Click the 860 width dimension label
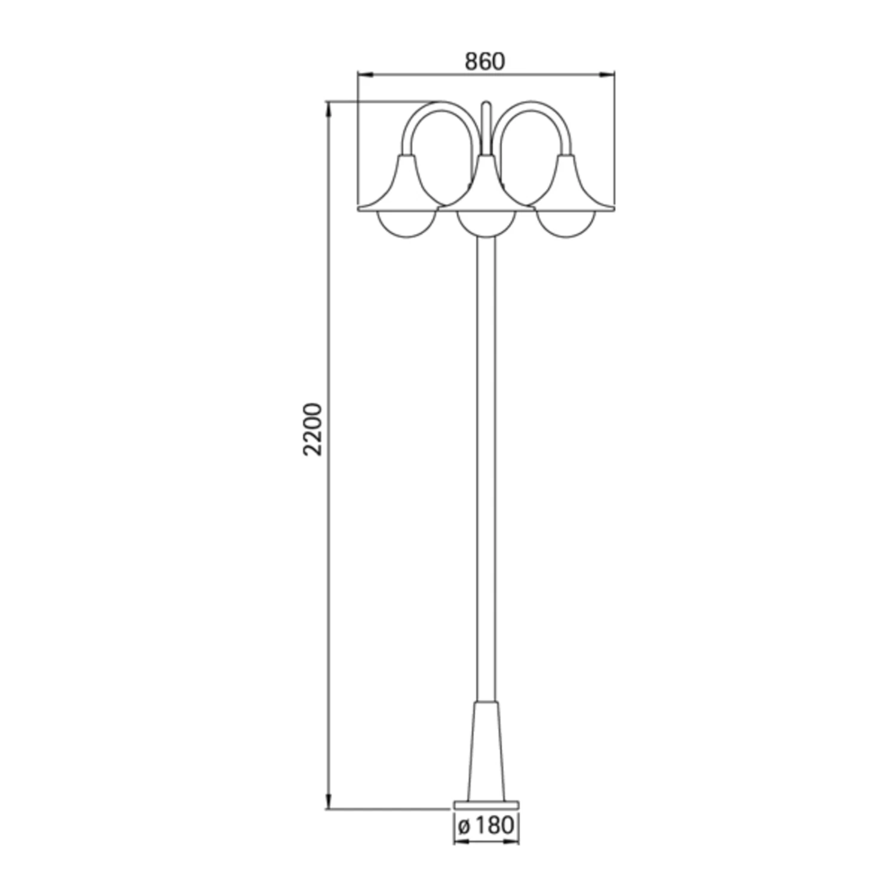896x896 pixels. (x=485, y=62)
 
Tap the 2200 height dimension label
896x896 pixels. (x=312, y=429)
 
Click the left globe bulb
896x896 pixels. (x=406, y=225)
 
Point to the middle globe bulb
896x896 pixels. (x=486, y=225)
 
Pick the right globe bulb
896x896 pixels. (x=566, y=225)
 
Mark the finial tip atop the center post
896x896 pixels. (x=486, y=105)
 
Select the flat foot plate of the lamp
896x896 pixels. (x=486, y=805)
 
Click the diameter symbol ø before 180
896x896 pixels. (x=464, y=827)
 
